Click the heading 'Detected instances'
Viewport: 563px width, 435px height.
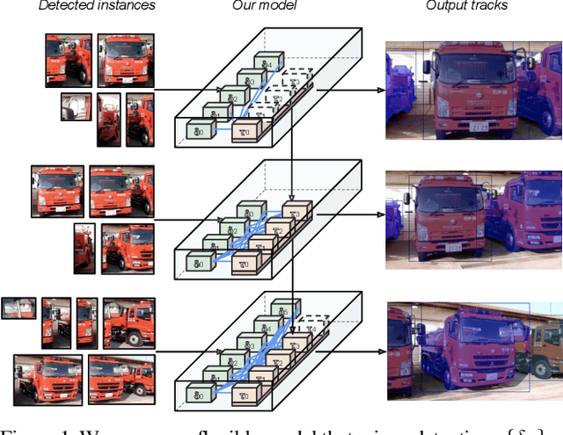pyautogui.click(x=97, y=6)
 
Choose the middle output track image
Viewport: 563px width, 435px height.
pyautogui.click(x=474, y=214)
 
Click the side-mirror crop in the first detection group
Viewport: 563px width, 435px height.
pyautogui.click(x=76, y=106)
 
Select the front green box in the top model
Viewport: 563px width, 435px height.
pyautogui.click(x=199, y=132)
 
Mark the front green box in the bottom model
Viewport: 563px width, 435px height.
pyautogui.click(x=199, y=388)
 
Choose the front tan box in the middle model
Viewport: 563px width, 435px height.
pyautogui.click(x=245, y=262)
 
